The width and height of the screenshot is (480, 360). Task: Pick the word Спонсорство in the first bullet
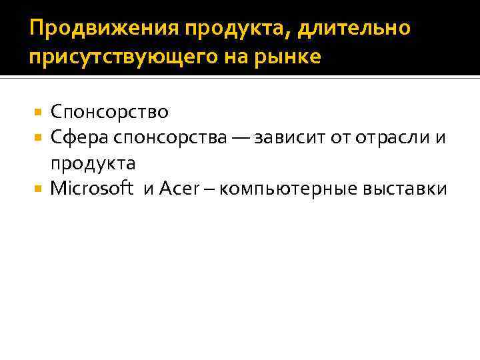(x=109, y=111)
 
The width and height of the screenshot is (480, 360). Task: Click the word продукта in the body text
(x=93, y=163)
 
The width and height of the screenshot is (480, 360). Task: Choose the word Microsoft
(x=94, y=189)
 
